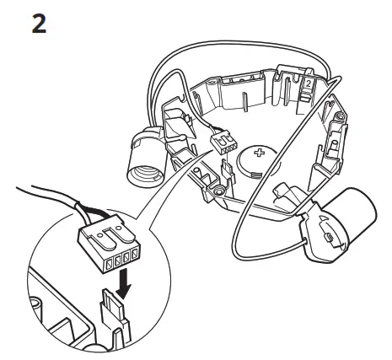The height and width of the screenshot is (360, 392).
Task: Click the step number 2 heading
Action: [39, 23]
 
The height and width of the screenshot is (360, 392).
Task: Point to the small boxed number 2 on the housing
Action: [309, 84]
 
